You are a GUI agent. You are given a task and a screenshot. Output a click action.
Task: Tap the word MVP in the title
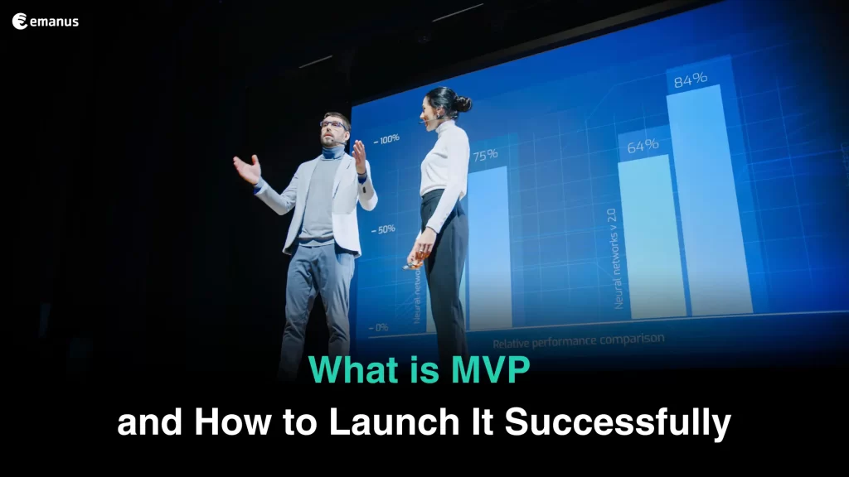click(490, 369)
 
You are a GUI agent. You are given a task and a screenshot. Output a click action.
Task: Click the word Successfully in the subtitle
click(619, 423)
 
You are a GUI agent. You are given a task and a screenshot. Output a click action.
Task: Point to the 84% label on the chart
click(690, 79)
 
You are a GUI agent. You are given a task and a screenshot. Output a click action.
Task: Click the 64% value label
click(643, 145)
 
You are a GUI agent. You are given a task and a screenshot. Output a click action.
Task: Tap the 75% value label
click(484, 154)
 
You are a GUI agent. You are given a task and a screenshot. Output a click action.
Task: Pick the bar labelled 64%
click(649, 236)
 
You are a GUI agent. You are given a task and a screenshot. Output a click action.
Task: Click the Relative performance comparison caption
click(578, 340)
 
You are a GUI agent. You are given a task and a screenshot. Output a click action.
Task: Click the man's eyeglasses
click(332, 124)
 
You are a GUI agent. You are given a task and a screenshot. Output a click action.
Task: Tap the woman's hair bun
click(463, 104)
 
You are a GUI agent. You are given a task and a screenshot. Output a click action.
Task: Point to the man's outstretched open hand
click(247, 168)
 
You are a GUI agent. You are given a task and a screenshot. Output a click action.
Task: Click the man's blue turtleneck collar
click(333, 152)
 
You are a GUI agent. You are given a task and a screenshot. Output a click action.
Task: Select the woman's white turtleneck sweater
click(444, 166)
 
